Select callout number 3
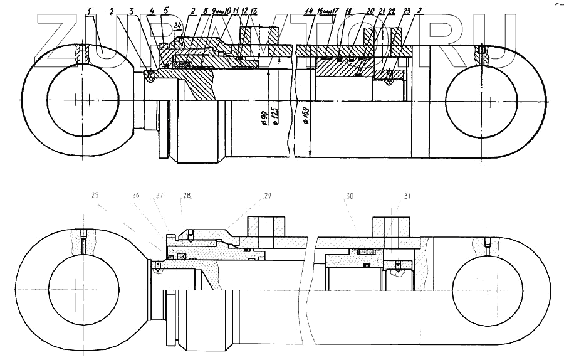click(x=132, y=12)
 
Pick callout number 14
click(x=310, y=12)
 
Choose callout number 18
click(x=348, y=12)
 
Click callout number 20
click(x=370, y=12)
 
